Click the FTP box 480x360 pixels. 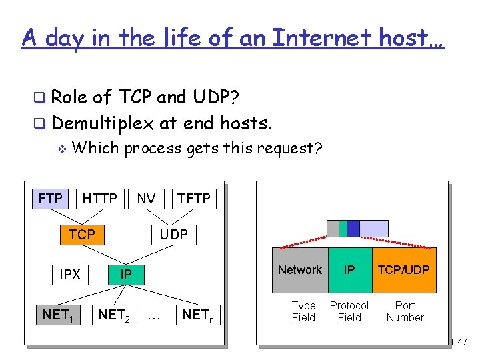click(x=51, y=199)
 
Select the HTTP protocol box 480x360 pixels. click(x=99, y=199)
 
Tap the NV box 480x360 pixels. click(x=146, y=199)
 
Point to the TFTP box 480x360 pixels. click(x=193, y=199)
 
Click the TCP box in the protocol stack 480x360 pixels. click(x=82, y=234)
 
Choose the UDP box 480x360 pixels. click(x=173, y=234)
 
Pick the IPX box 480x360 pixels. click(x=70, y=275)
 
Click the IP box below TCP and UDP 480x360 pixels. click(x=125, y=275)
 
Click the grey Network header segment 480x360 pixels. click(x=299, y=270)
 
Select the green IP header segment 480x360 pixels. click(x=349, y=270)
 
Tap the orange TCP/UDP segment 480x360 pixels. click(x=404, y=270)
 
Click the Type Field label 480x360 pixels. click(x=304, y=311)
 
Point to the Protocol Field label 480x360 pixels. click(x=349, y=311)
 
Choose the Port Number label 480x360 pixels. click(x=405, y=311)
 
